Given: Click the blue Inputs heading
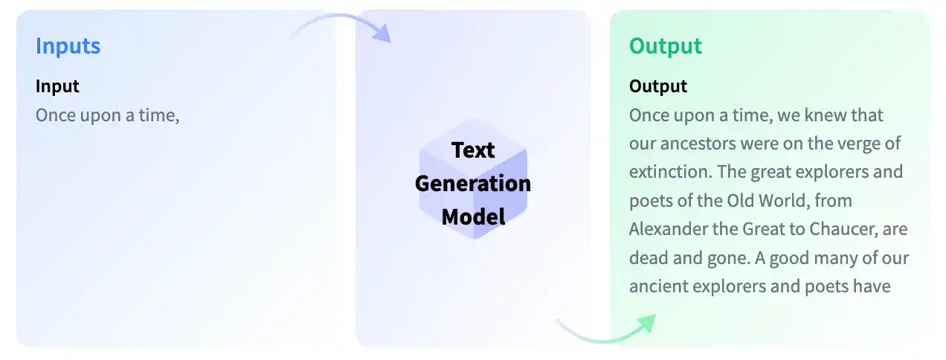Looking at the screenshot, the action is click(68, 46).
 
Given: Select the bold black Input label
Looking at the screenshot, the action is click(57, 87).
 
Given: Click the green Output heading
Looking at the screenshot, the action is click(666, 46).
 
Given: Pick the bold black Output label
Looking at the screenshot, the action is click(658, 87).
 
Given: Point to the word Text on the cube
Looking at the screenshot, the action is click(473, 150).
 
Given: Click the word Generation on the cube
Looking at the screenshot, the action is click(473, 184).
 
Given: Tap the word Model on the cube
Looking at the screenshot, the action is click(473, 217).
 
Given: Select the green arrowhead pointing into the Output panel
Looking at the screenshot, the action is click(647, 324).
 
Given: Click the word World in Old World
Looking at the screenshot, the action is click(782, 201).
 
